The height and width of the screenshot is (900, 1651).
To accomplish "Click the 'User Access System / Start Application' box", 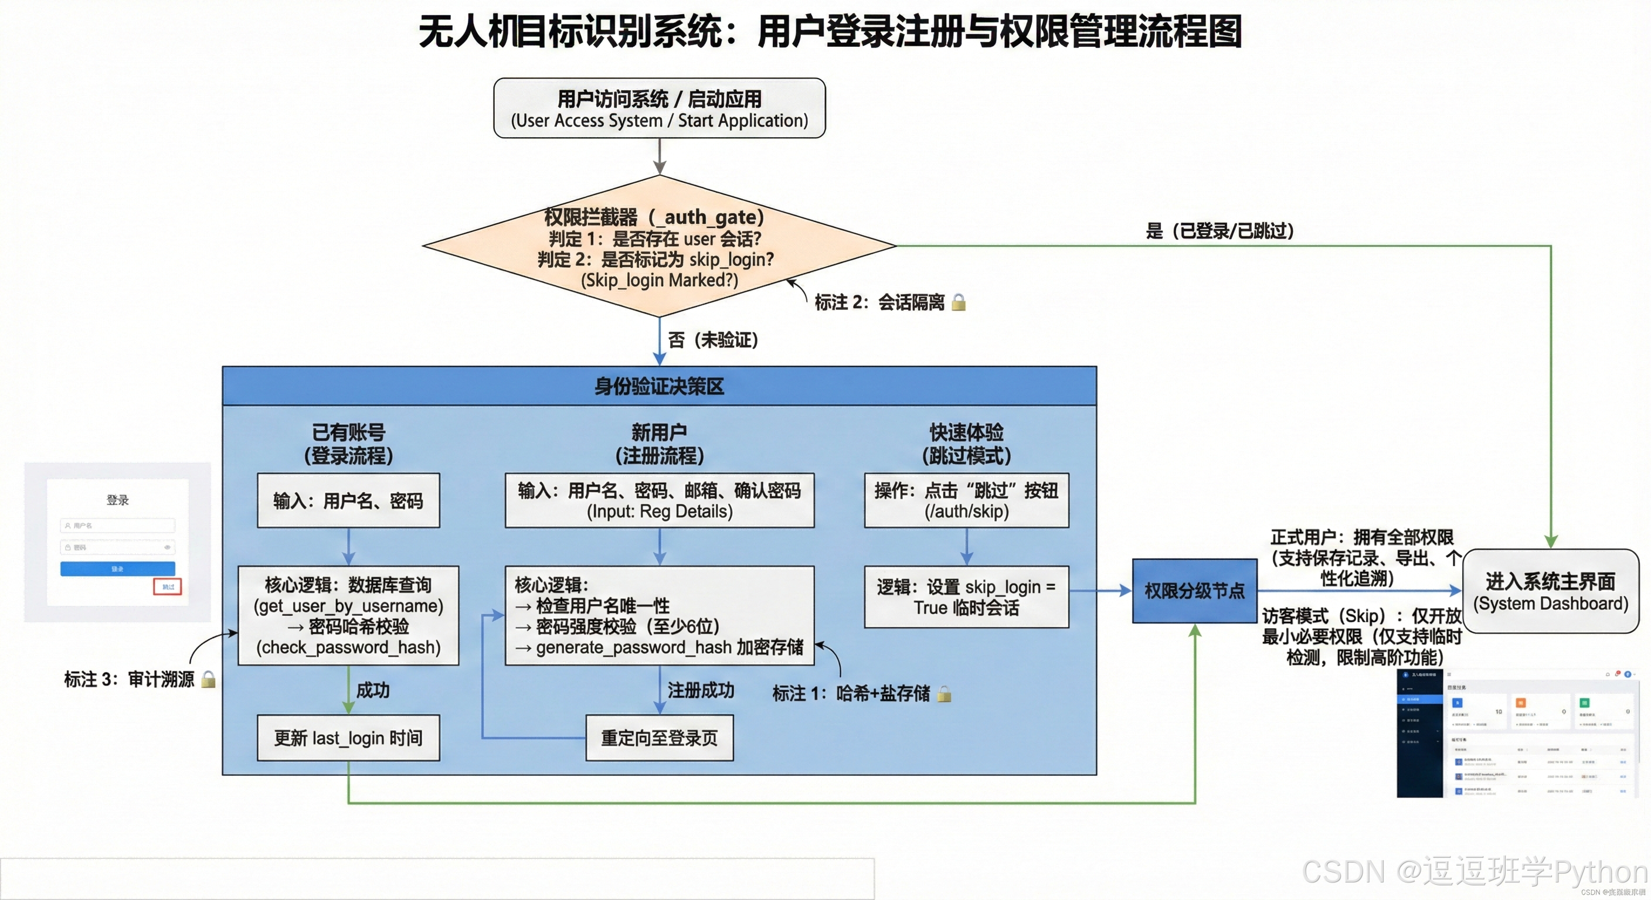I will click(659, 108).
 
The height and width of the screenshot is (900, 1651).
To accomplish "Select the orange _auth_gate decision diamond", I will click(659, 247).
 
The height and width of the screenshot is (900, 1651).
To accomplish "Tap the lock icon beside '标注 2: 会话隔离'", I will click(958, 302).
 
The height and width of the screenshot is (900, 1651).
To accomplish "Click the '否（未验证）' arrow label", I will click(713, 340).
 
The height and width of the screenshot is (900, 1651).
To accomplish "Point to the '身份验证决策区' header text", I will click(659, 386).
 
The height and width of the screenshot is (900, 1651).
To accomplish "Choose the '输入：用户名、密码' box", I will click(348, 501).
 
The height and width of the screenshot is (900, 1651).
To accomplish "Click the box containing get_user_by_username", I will click(348, 616).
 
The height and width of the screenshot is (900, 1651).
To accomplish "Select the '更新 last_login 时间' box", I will click(348, 738).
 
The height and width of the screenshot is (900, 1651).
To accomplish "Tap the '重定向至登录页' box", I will click(659, 738).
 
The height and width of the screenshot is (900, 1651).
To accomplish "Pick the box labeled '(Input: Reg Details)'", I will click(659, 501).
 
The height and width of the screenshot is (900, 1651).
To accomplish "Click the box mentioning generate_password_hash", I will click(659, 616).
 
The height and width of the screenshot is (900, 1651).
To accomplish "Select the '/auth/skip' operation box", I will click(966, 501).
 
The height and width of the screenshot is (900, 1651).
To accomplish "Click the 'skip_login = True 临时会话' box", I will click(966, 597).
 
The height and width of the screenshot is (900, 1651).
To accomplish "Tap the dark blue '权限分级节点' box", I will click(1194, 591).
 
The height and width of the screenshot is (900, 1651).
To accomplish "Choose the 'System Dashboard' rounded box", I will click(1550, 591).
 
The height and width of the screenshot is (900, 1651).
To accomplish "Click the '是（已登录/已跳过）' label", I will click(1219, 231).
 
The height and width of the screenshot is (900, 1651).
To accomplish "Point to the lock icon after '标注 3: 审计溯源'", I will click(208, 680).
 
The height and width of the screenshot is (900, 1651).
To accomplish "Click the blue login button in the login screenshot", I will click(117, 569).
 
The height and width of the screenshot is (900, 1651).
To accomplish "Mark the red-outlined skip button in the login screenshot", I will click(167, 587).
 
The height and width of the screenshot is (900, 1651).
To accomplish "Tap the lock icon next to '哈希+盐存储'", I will click(943, 694).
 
